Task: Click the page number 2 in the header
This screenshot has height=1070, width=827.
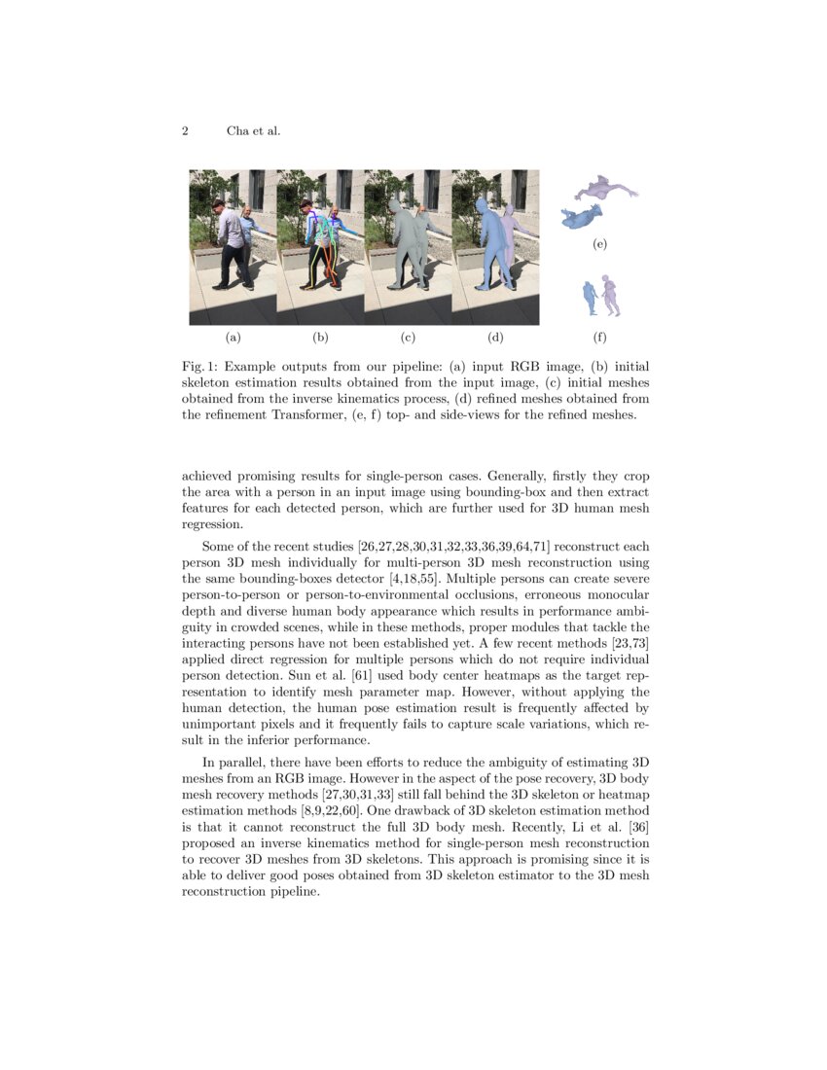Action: tap(185, 131)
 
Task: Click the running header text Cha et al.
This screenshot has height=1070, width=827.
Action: tap(253, 131)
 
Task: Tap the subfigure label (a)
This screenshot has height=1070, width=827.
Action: tap(233, 338)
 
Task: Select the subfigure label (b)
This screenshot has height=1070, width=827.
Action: tap(320, 338)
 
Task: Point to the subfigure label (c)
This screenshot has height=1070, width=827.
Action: tap(408, 338)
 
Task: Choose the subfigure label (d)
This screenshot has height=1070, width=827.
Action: tap(495, 338)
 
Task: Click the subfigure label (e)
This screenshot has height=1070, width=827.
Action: tap(599, 244)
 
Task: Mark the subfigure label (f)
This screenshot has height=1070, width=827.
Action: tap(599, 338)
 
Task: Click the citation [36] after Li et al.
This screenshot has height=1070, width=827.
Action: tap(637, 827)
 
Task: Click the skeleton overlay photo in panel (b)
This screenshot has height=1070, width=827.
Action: tap(320, 247)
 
